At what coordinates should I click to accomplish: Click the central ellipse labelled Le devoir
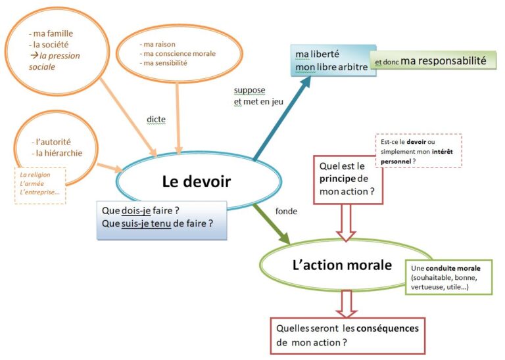[x=197, y=180]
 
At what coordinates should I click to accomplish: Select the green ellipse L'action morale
[x=342, y=265]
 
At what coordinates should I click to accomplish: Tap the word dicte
[x=156, y=120]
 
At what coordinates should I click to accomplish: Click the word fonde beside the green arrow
[x=286, y=212]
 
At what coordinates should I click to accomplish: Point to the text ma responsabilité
[x=443, y=61]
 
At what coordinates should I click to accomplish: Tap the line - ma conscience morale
[x=178, y=54]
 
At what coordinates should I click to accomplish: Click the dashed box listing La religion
[x=41, y=186]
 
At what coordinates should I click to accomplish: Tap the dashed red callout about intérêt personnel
[x=416, y=152]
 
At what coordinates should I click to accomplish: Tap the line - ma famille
[x=51, y=33]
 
